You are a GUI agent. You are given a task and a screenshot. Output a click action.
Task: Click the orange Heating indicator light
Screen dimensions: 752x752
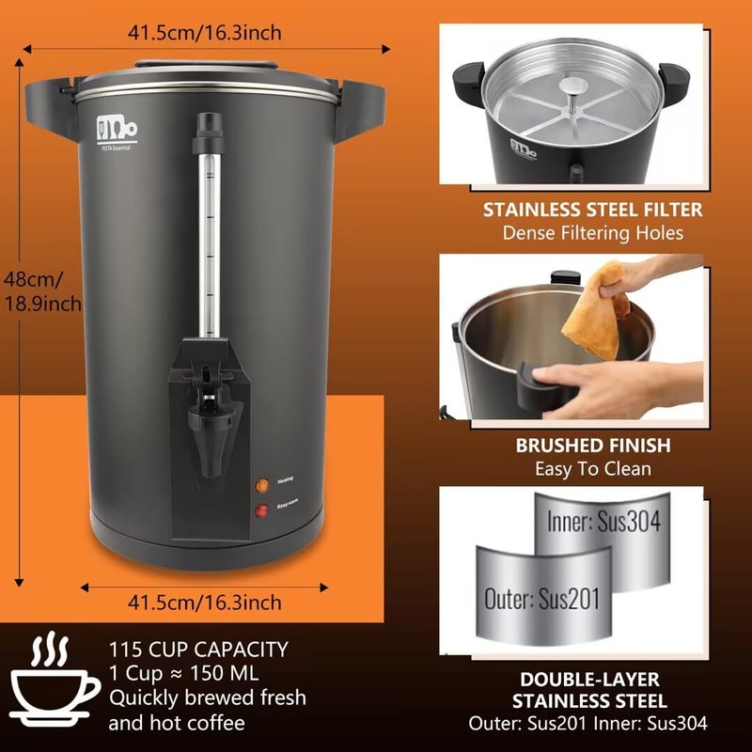[x=259, y=485]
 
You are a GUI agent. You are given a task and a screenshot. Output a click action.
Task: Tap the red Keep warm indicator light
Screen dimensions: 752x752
[x=259, y=510]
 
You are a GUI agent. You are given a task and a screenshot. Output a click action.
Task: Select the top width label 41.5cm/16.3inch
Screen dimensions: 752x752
[x=204, y=33]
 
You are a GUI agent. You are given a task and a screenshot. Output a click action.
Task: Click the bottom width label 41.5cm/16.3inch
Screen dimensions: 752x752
[x=204, y=602]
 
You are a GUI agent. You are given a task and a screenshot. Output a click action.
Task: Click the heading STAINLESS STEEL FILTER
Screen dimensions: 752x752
[x=591, y=209]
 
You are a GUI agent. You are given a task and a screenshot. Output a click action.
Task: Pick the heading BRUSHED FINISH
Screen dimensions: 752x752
[x=591, y=446]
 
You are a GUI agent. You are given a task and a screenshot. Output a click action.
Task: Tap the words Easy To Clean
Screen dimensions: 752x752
[x=591, y=468]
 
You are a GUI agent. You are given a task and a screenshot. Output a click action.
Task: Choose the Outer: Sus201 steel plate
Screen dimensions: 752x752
[x=541, y=597]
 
